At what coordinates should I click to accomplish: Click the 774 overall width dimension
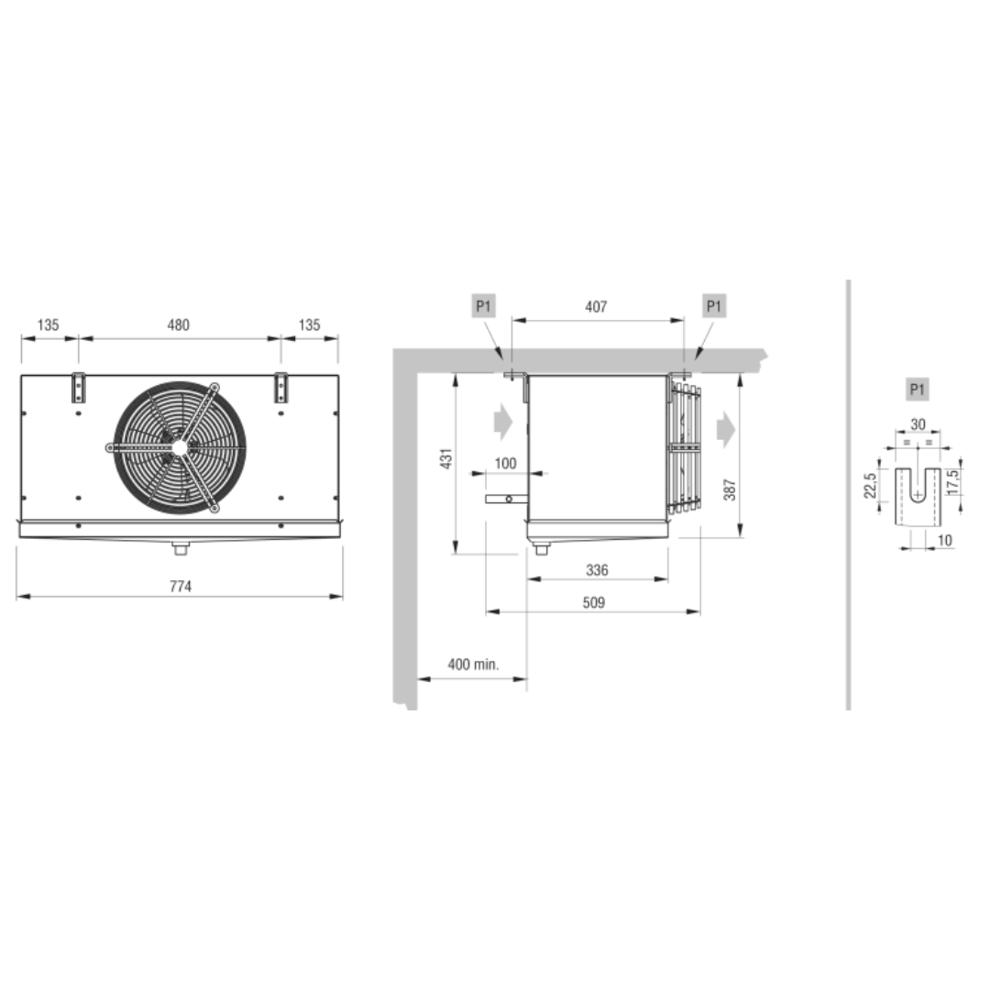point(181,587)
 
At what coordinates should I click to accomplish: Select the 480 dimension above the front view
point(178,325)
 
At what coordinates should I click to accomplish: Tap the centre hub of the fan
point(180,447)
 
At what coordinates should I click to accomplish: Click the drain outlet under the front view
point(181,548)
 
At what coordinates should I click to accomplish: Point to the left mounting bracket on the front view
point(78,387)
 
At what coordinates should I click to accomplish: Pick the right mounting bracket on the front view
point(281,387)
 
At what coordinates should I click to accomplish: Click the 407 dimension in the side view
point(596,307)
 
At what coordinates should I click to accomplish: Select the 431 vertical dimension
point(446,459)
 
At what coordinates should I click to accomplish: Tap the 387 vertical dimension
point(730,489)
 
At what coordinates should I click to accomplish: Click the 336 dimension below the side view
point(597,571)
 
